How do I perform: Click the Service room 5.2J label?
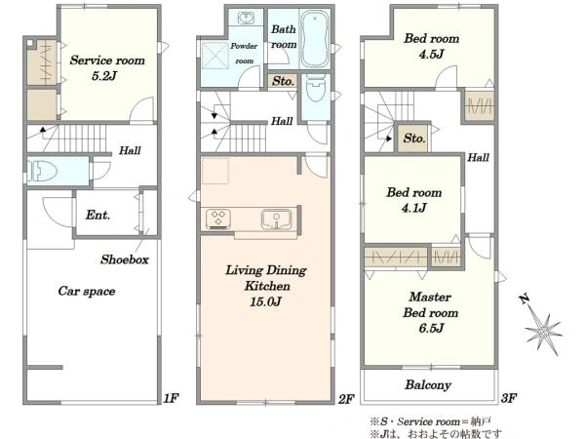pos(107,68)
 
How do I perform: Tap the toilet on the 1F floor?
pos(42,171)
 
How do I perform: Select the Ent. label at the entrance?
pos(97,215)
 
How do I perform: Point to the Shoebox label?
pos(125,259)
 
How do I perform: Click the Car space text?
pos(87,291)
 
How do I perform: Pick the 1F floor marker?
pos(171,398)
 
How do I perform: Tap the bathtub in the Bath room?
pos(315,38)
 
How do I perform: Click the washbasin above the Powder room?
pos(246,18)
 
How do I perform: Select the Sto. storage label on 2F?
pos(283,81)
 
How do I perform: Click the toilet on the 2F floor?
pos(316,88)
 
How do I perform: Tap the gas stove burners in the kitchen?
pos(218,219)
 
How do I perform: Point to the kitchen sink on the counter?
pos(277,219)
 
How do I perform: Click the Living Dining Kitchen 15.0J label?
pos(265,286)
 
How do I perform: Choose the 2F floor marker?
pos(346,399)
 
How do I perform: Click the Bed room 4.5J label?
pos(431,46)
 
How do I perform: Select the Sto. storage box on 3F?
pos(413,139)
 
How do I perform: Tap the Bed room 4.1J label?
pos(413,200)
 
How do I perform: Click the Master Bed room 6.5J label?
pos(431,312)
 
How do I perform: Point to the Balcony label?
pos(428,385)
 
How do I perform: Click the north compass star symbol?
pos(543,331)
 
